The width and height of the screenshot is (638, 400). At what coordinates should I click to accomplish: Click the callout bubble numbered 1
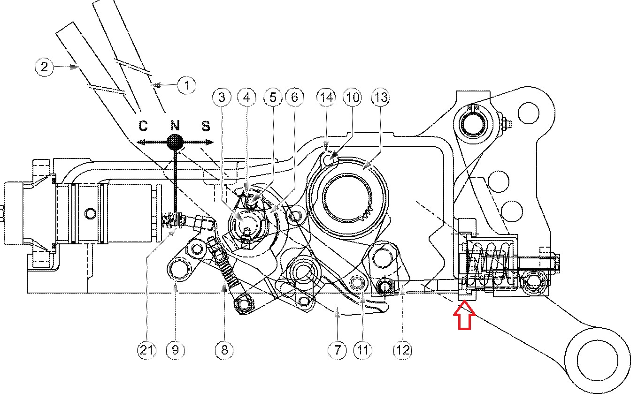pyautogui.click(x=187, y=85)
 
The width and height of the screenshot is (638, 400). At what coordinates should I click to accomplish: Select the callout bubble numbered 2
pyautogui.click(x=44, y=67)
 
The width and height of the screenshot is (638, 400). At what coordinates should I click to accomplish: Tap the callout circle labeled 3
pyautogui.click(x=222, y=97)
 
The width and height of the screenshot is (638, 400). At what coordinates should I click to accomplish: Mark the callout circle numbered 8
pyautogui.click(x=224, y=349)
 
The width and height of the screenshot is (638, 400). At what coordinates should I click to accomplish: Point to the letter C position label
pyautogui.click(x=143, y=126)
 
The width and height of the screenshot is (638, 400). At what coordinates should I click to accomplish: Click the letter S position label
pyautogui.click(x=206, y=126)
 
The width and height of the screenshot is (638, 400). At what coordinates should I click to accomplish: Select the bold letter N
pyautogui.click(x=175, y=125)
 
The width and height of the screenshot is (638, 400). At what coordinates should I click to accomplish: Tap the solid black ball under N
pyautogui.click(x=175, y=142)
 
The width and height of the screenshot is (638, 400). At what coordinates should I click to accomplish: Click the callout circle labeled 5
pyautogui.click(x=272, y=97)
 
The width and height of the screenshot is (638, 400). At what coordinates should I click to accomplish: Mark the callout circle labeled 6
pyautogui.click(x=294, y=97)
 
